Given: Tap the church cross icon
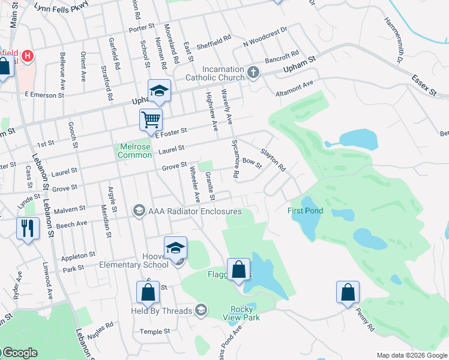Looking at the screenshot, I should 253,73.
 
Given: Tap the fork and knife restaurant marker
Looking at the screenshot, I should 28,227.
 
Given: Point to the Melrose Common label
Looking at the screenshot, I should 134,151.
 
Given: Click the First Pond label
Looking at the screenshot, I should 305,211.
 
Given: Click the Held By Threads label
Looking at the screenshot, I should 161,311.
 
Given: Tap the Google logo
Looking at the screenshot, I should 19,353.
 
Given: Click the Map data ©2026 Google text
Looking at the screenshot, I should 411,355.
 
